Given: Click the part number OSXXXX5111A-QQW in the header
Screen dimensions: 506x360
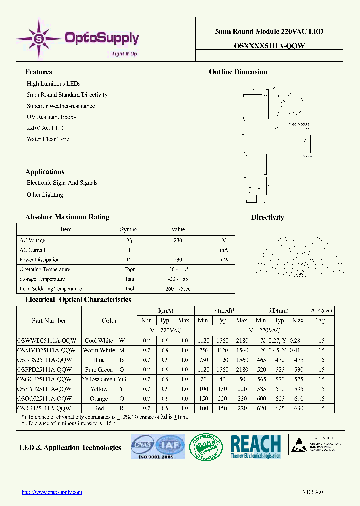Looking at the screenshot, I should (269, 45).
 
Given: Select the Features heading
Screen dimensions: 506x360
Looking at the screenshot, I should (38, 72).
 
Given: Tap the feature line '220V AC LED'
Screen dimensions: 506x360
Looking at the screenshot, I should (45, 128).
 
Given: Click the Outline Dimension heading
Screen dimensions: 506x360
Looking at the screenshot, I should (238, 72).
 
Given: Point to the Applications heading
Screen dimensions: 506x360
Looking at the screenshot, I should (44, 172).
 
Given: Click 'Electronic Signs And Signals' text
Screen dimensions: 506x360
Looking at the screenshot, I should (62, 183).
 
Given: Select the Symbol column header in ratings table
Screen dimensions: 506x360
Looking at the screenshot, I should (129, 229).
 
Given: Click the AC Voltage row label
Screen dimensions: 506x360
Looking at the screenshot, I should (32, 240).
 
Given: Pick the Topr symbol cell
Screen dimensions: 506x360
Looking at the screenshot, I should (129, 269).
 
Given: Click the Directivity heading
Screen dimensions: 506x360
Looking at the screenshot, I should (267, 217).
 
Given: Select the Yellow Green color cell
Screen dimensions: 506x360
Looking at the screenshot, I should (99, 379).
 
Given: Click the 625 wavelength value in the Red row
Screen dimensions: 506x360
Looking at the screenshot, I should (280, 408).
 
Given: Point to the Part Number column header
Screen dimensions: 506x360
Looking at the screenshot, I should (49, 320).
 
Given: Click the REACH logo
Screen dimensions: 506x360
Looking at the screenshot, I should (255, 446).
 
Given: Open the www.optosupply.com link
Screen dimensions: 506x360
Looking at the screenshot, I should (52, 492).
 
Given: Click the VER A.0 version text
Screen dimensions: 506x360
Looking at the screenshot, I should (313, 492).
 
